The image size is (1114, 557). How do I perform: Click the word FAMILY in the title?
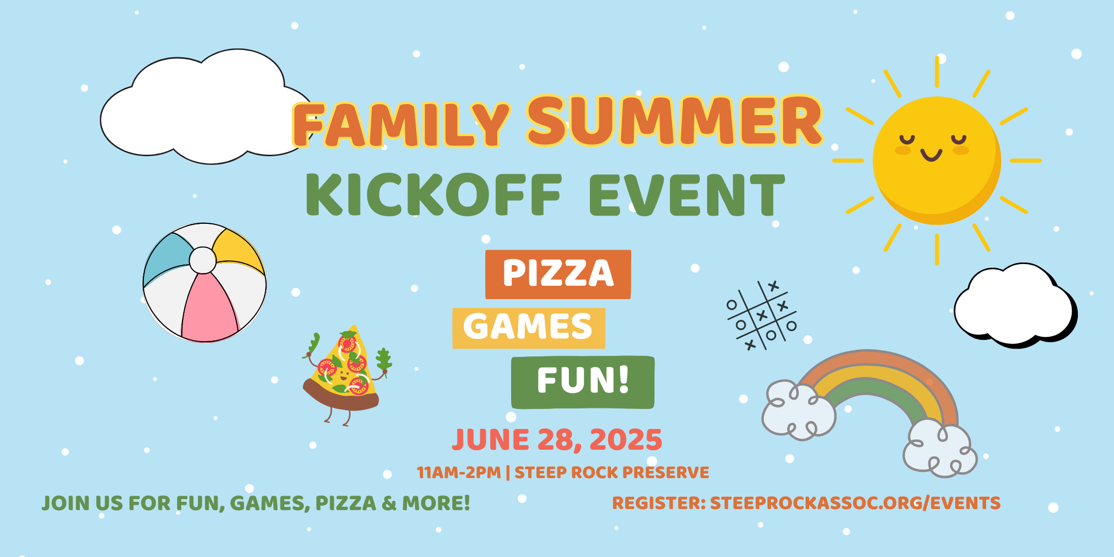click(401, 124)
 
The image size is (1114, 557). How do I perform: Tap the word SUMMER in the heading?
click(675, 121)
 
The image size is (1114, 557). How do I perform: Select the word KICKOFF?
click(433, 194)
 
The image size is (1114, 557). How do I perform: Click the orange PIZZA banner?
click(558, 274)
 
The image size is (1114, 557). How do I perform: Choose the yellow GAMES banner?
click(529, 328)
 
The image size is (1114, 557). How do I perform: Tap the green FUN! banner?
click(583, 382)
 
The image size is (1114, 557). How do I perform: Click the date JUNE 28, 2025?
click(557, 440)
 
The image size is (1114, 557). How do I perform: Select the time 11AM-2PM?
click(458, 472)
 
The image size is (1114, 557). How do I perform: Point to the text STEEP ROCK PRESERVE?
click(612, 472)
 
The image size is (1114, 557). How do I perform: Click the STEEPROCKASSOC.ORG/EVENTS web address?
click(855, 503)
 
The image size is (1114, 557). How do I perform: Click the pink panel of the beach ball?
click(209, 309)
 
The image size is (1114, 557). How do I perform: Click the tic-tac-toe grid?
click(762, 315)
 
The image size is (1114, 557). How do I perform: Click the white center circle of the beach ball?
click(203, 260)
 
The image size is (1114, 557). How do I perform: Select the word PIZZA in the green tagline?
click(346, 503)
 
